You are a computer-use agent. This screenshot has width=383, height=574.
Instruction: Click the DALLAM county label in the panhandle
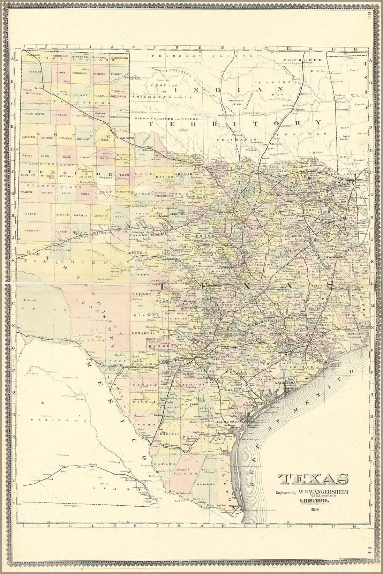coord(33,55)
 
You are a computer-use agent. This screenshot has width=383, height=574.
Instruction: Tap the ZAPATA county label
coord(168,464)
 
